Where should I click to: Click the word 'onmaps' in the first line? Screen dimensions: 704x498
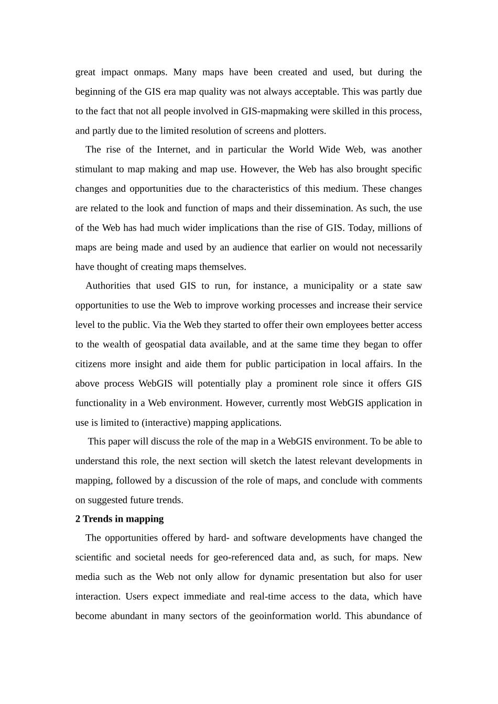[x=150, y=72]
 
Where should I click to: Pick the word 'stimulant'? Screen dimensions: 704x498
[x=94, y=169]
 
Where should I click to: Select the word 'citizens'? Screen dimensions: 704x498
[x=91, y=364]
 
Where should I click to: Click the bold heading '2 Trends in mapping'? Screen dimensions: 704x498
[x=120, y=519]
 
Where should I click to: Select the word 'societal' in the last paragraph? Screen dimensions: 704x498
[x=151, y=558]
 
